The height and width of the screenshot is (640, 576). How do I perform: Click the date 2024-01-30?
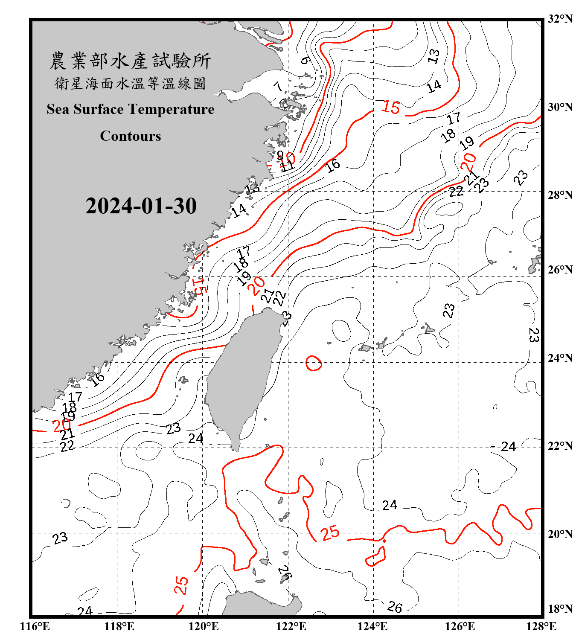click(x=141, y=206)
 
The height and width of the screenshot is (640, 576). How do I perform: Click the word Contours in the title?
click(x=131, y=136)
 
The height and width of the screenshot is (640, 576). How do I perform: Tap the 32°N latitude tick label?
click(x=560, y=19)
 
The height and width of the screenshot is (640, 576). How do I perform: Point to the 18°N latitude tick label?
click(x=560, y=609)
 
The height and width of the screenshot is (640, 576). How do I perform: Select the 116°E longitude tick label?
click(x=35, y=626)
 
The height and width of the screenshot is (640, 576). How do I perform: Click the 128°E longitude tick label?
click(x=541, y=626)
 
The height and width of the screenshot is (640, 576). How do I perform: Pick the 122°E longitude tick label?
click(x=291, y=626)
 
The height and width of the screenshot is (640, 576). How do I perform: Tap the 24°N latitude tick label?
click(x=560, y=358)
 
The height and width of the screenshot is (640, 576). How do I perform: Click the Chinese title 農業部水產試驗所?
click(x=131, y=61)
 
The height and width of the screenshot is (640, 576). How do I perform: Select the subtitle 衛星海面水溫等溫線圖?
click(x=131, y=84)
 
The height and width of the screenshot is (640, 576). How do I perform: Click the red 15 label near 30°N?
click(x=391, y=107)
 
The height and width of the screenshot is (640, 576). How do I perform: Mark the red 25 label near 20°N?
click(x=330, y=533)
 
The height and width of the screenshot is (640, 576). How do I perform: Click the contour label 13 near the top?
click(x=433, y=56)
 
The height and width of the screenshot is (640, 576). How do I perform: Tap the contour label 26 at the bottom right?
click(x=395, y=607)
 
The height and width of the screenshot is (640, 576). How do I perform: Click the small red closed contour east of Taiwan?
click(x=314, y=363)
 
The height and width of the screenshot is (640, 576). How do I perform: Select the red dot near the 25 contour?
click(x=384, y=541)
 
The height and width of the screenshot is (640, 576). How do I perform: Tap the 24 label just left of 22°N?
click(x=508, y=447)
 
